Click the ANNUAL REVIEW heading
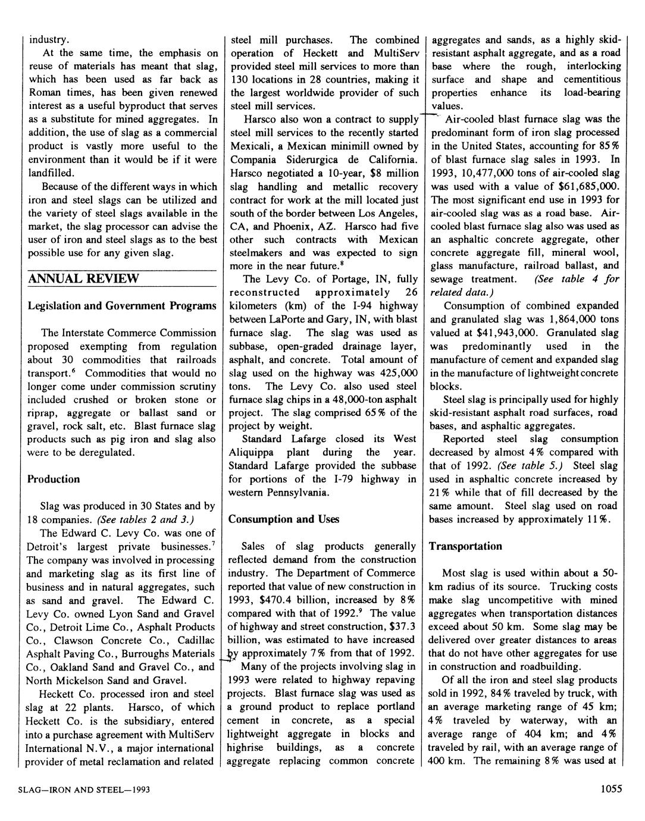[83, 278]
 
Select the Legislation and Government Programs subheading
[122, 306]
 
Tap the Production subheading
[54, 479]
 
